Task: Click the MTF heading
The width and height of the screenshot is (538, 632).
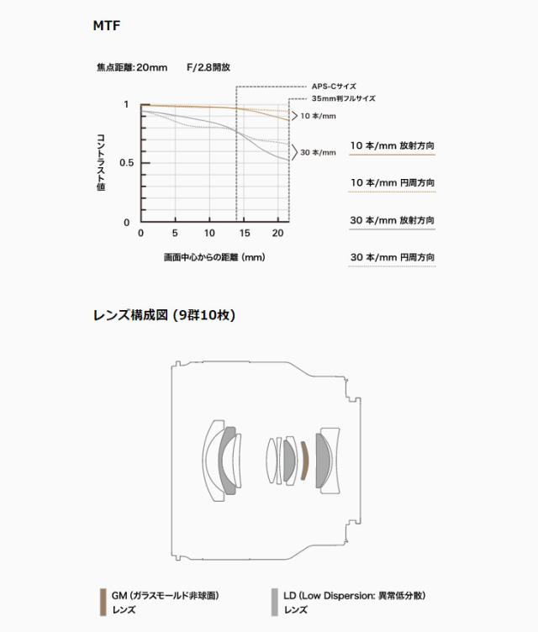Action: pos(107,26)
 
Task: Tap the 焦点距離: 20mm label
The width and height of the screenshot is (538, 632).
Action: pos(132,67)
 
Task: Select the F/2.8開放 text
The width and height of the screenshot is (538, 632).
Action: pos(208,67)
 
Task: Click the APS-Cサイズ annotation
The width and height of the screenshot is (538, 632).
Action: pos(334,87)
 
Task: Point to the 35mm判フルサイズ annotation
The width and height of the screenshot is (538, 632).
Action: pos(343,98)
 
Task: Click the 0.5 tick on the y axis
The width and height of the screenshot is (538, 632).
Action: pos(126,163)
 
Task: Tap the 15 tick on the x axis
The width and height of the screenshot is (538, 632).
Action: pos(245,233)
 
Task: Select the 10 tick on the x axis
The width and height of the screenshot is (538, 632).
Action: pos(209,233)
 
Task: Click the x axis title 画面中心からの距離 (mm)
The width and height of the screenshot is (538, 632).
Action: pos(214,257)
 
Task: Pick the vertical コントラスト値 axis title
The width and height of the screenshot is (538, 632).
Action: pos(101,162)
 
